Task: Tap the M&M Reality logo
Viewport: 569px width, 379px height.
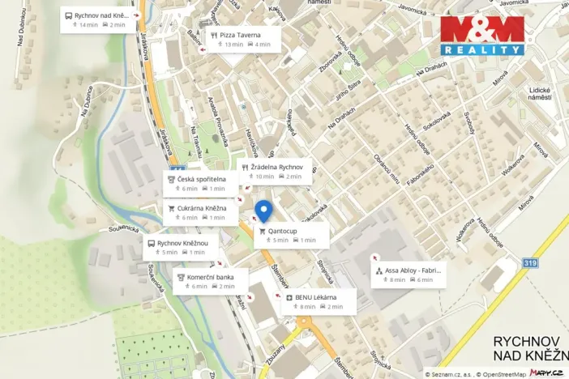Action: point(481,36)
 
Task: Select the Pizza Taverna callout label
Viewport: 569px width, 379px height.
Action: point(242,39)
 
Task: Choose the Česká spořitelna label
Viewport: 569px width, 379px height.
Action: point(195,183)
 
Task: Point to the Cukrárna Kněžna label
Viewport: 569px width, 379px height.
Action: point(195,212)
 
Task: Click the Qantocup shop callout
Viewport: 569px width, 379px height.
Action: point(291,235)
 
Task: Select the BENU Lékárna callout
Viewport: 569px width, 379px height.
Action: point(317,301)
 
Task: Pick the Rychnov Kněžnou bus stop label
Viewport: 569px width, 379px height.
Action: point(179,247)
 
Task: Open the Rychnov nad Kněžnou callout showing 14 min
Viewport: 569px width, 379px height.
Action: point(95,19)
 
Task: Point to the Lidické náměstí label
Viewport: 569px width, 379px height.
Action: point(539,93)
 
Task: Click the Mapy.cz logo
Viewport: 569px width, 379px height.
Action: point(547,372)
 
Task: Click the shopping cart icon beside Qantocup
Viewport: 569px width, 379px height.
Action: point(262,231)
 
